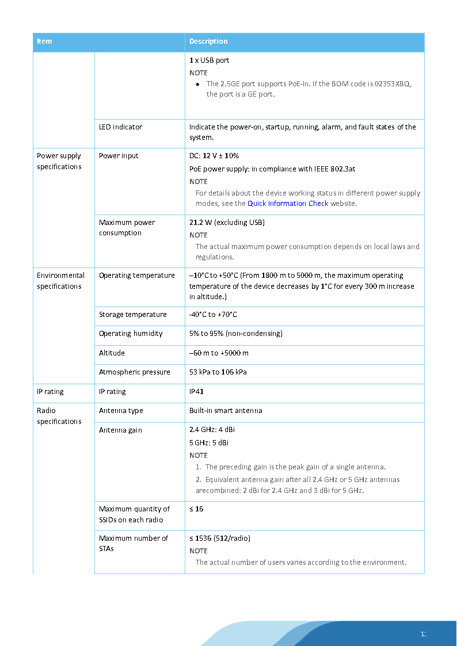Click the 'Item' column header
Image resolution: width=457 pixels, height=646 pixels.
pos(44,41)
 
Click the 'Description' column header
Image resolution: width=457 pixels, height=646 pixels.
pos(208,41)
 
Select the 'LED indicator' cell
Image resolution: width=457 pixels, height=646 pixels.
pos(120,127)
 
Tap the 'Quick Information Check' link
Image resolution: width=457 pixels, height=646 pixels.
pos(288,204)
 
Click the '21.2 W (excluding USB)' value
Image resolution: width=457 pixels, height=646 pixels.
pos(227,223)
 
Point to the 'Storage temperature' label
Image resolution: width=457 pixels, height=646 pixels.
pos(132,315)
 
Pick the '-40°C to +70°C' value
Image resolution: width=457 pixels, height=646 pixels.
pos(213,315)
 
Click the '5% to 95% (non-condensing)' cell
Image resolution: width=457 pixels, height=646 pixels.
pos(236,334)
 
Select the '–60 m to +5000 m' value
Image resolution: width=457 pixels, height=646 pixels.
pos(219,353)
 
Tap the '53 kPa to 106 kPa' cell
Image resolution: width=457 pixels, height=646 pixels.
pos(218,372)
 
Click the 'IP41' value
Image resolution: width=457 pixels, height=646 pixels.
pos(196,392)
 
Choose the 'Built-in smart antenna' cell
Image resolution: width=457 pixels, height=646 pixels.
pos(226,411)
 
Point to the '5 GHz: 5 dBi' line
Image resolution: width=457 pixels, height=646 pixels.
pos(209,443)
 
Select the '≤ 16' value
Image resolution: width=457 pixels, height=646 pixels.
pos(196,509)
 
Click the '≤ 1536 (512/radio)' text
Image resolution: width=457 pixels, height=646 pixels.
pos(220,538)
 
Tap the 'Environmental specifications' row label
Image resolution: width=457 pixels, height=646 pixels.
pos(60,281)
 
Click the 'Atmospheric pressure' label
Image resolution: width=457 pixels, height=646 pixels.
pos(134,372)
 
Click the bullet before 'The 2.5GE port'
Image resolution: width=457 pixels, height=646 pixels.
pos(197,84)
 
